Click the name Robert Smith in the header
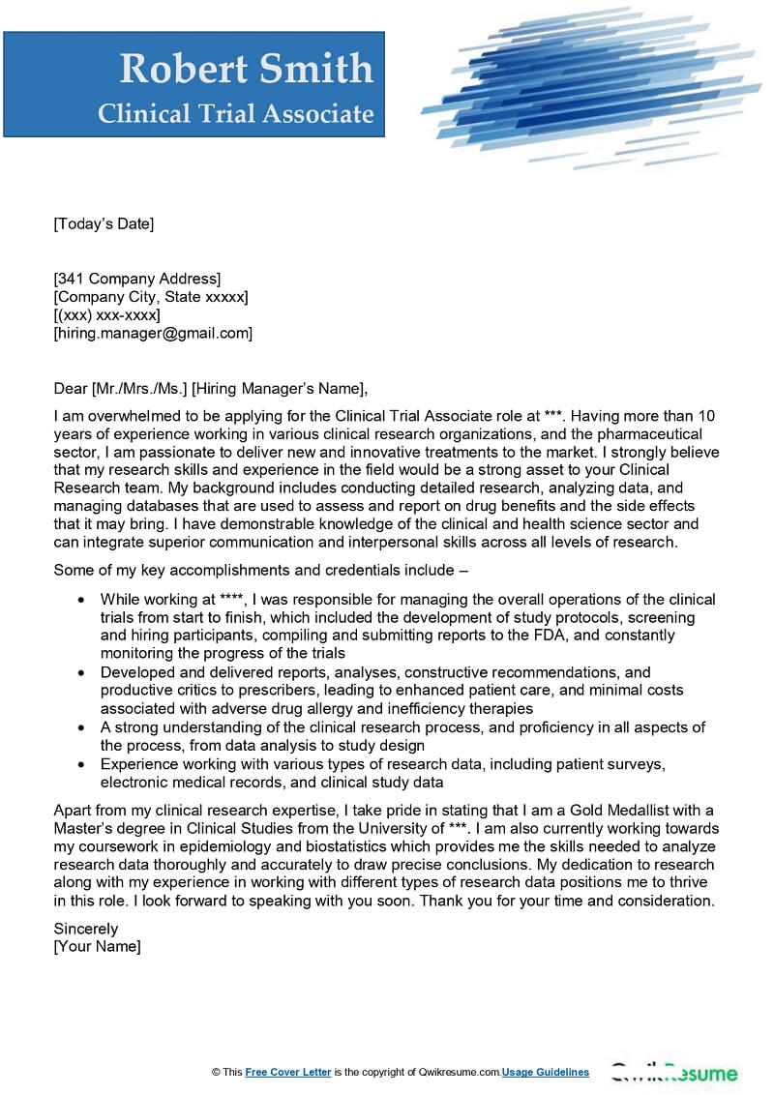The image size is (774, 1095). pos(246,69)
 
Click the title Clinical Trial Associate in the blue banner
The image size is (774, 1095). pos(235,114)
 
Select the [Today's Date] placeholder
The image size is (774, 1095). pos(104,224)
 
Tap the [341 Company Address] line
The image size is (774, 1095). pos(137,279)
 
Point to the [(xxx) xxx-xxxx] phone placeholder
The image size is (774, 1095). pos(106,315)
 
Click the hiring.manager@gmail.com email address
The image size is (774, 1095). pos(153,333)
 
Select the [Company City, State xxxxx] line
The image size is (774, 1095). pos(151,297)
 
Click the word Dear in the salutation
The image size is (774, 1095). pos(71,389)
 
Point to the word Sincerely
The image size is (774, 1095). pos(86,929)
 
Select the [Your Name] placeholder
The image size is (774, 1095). pos(97,946)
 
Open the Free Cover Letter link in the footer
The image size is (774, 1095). pos(288,1072)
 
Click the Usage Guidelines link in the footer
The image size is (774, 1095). pos(546,1072)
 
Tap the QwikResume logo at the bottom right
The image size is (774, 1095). pos(673,1073)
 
